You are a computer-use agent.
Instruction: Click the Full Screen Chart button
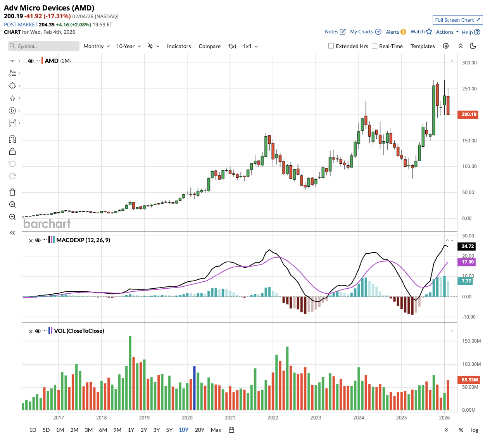[x=457, y=20]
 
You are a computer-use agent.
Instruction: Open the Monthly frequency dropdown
[x=97, y=46]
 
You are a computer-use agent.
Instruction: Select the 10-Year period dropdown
[x=128, y=46]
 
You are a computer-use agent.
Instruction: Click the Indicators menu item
[x=179, y=46]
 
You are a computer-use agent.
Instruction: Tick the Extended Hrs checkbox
[x=331, y=46]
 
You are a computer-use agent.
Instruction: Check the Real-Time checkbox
[x=374, y=46]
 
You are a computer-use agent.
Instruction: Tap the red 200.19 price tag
[x=469, y=114]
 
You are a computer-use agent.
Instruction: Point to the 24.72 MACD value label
[x=468, y=246]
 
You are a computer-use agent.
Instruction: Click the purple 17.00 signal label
[x=468, y=262]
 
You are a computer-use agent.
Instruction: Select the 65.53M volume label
[x=469, y=380]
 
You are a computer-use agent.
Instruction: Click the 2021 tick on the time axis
[x=230, y=418]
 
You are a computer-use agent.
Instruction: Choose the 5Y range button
[x=169, y=430]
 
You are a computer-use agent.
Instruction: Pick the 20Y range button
[x=199, y=430]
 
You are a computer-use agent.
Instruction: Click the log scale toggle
[x=475, y=430]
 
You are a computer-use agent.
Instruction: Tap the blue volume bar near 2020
[x=194, y=388]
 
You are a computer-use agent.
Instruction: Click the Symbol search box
[x=43, y=46]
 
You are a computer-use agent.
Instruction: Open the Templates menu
[x=423, y=46]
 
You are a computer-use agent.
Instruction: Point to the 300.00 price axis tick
[x=469, y=63]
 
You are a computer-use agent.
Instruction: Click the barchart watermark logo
[x=47, y=224]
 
